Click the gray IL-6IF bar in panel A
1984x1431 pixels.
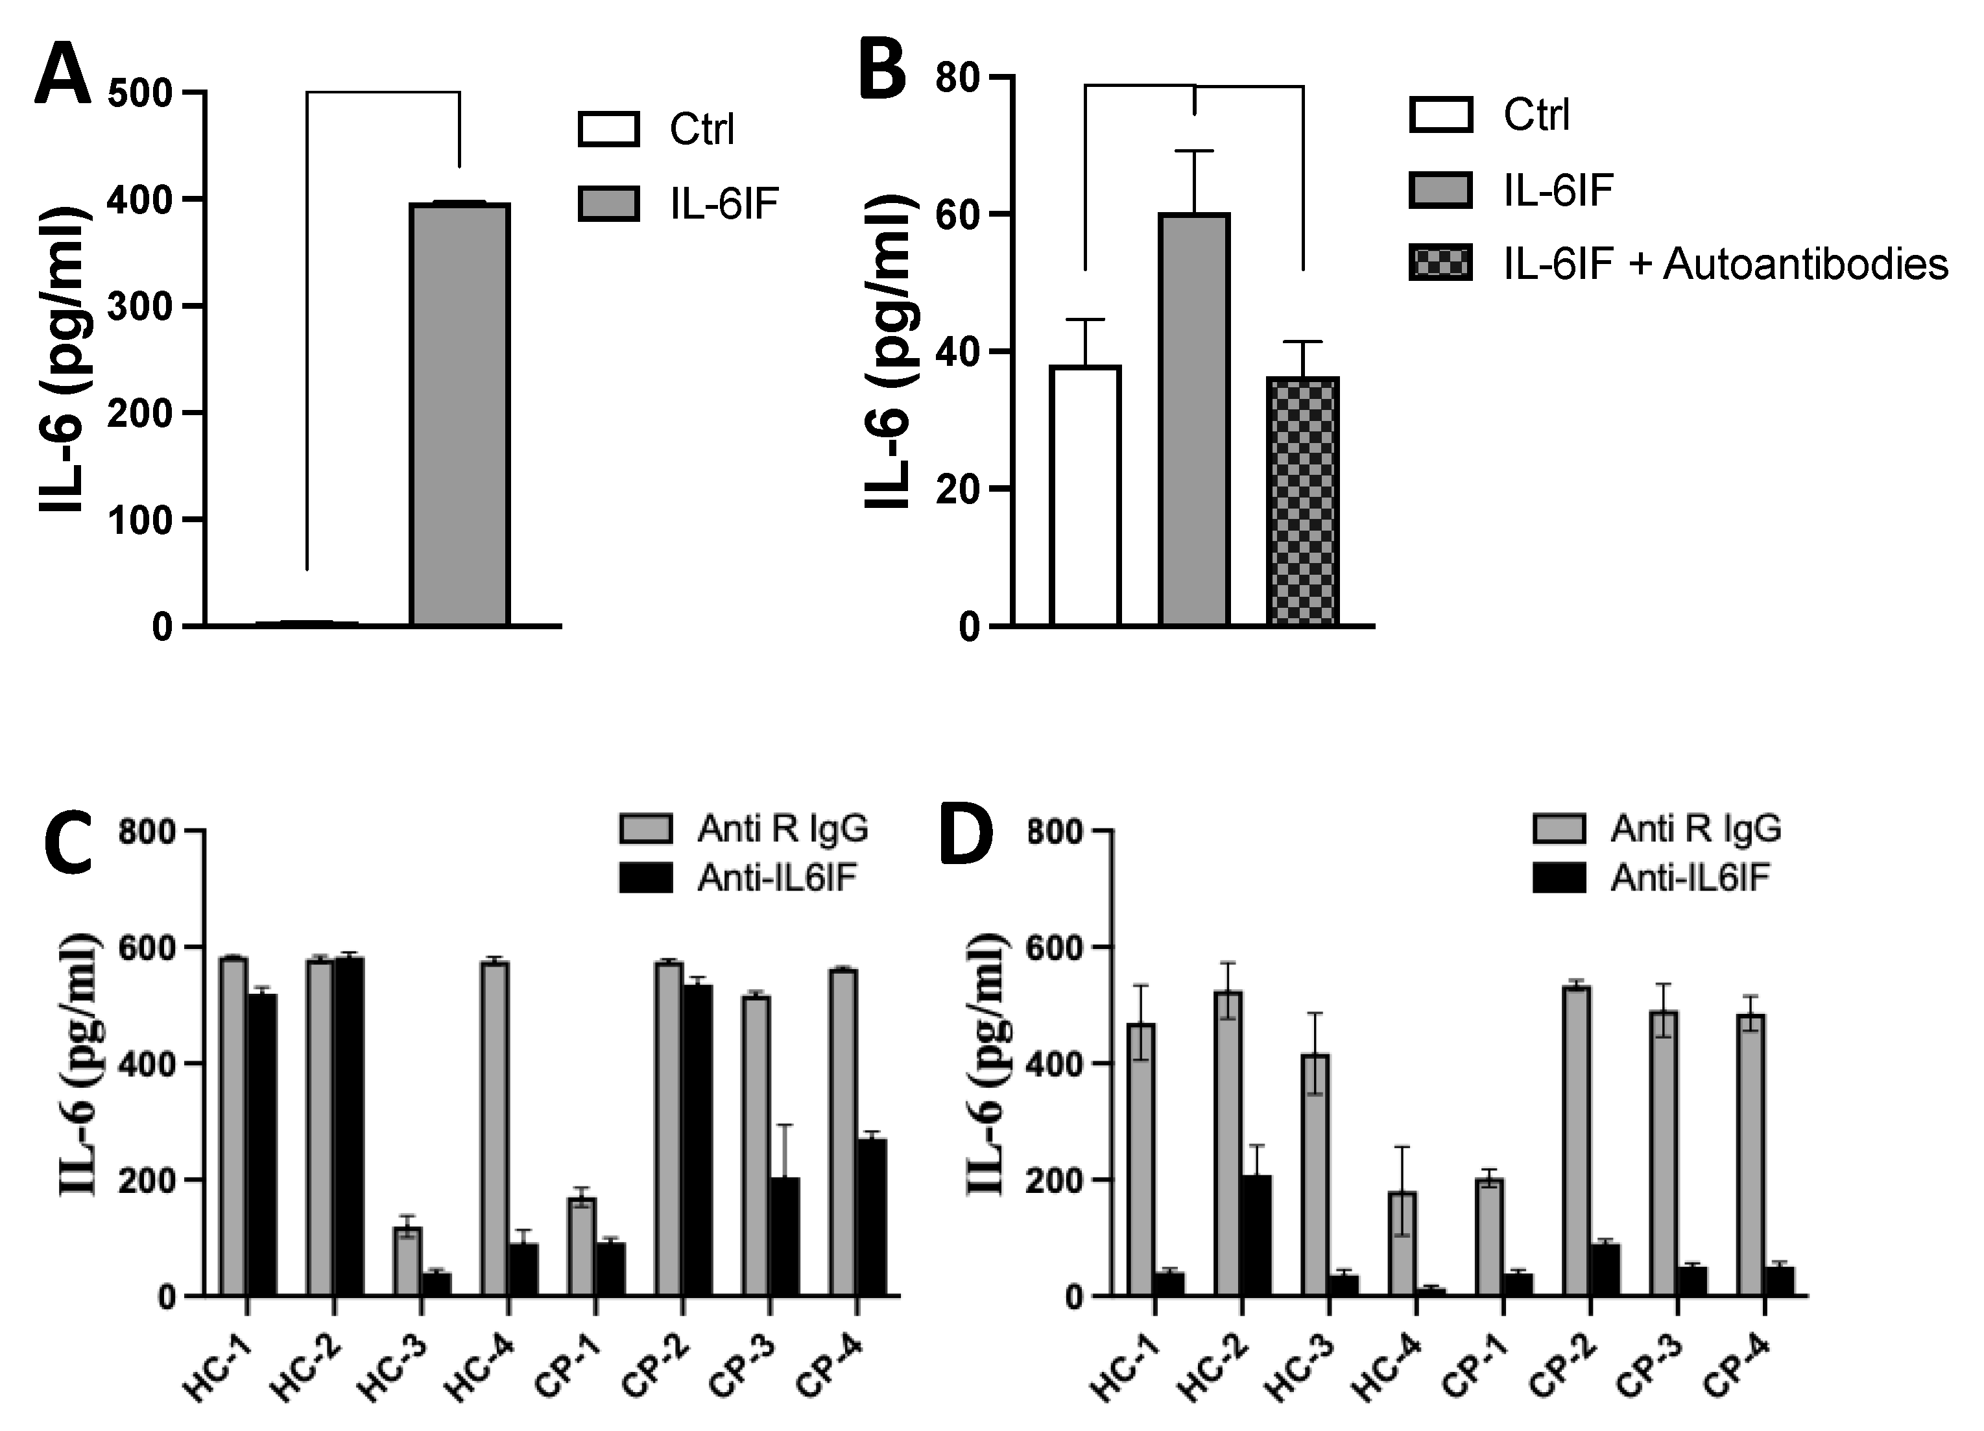460,415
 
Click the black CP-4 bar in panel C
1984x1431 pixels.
872,1216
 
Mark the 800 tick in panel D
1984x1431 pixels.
1055,831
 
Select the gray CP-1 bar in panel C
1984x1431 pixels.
581,1246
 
